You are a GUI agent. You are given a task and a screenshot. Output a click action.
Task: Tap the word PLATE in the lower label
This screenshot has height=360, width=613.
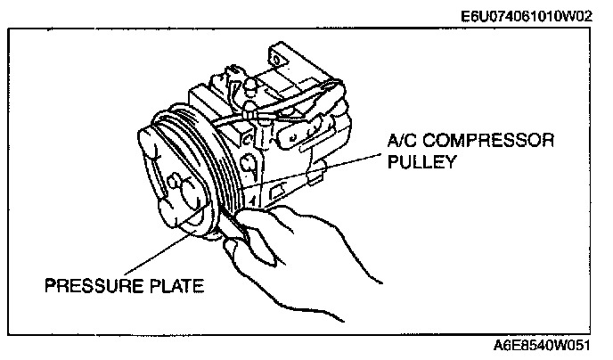[x=175, y=287]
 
